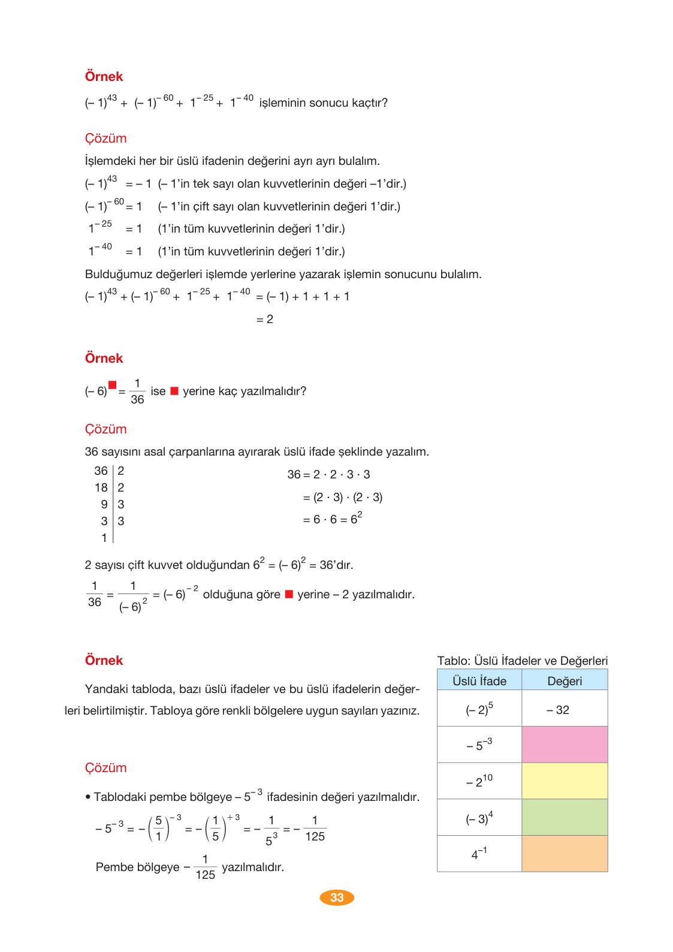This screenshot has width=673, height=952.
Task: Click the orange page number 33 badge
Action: [x=337, y=897]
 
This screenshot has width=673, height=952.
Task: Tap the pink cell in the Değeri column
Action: [x=565, y=745]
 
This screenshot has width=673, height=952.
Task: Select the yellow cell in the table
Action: [x=565, y=781]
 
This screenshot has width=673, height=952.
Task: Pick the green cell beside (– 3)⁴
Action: [x=565, y=817]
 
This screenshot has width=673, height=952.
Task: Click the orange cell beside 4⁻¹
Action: [x=565, y=854]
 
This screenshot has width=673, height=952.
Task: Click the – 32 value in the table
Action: [x=558, y=710]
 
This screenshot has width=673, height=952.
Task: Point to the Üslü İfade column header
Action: [x=479, y=681]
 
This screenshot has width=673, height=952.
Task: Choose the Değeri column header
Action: [x=565, y=681]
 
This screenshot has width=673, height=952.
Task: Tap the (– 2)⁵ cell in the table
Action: [x=479, y=709]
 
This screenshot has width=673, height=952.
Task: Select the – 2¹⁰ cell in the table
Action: [x=479, y=781]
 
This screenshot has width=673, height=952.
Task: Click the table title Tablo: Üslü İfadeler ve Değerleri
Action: [x=522, y=661]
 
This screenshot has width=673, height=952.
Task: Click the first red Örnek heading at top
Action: [x=104, y=77]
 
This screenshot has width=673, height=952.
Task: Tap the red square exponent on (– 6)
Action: [x=112, y=385]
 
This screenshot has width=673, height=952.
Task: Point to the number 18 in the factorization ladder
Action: [x=101, y=488]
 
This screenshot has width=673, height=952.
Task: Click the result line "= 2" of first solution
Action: [x=265, y=320]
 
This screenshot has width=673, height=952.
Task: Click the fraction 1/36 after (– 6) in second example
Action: [x=137, y=391]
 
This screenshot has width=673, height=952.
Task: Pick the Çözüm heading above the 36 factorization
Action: [x=105, y=429]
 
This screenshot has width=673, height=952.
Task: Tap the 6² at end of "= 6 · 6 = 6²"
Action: [x=356, y=519]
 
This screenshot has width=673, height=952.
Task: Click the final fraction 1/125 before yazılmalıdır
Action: [x=205, y=867]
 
